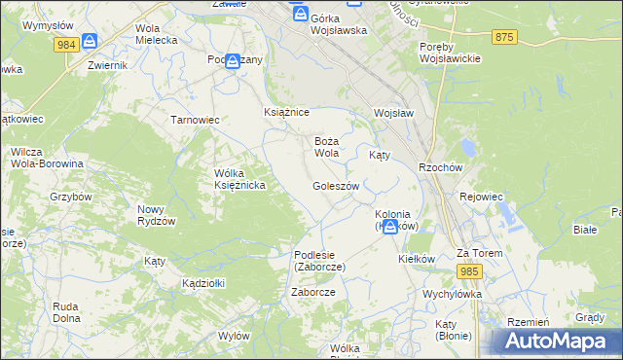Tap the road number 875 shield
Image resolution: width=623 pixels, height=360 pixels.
tap(503, 37)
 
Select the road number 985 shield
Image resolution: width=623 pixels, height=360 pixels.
tap(469, 271)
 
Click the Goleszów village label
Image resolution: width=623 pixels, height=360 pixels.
tap(336, 186)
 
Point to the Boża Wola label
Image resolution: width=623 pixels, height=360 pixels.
tap(326, 147)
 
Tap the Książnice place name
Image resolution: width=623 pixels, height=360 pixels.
tap(286, 112)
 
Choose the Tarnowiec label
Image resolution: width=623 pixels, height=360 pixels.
tap(195, 120)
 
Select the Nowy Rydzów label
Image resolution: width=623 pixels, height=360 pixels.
tap(156, 215)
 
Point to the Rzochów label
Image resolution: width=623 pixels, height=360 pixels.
tap(439, 166)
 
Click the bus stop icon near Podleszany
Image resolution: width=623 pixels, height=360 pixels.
tap(232, 60)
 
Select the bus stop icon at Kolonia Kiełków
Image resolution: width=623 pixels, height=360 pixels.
tap(390, 226)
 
